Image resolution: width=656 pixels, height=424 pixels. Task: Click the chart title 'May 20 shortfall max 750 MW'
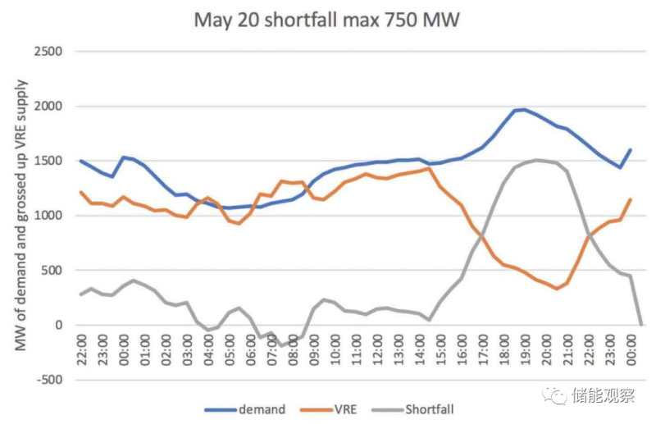pos(327,19)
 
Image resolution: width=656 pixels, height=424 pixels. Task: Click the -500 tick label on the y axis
pos(51,380)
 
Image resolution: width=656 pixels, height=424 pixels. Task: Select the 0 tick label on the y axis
pos(59,325)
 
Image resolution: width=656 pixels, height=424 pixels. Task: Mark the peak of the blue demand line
pos(523,109)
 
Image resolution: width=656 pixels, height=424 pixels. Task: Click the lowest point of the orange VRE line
pos(556,289)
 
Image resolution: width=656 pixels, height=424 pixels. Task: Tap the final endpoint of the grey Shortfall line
pos(640,324)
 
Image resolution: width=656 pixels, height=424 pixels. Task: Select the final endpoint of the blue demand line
pos(631,150)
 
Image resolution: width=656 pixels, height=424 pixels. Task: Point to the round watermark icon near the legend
pos(558,396)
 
